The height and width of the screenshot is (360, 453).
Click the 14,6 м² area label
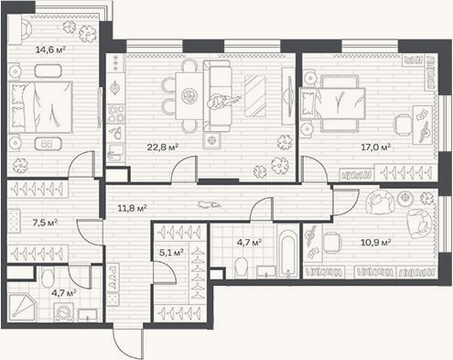pos(51,49)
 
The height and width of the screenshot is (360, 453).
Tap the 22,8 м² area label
pos(163,147)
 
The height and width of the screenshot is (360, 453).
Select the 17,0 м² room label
pos(376,147)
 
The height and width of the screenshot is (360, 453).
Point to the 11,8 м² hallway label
pos(132,208)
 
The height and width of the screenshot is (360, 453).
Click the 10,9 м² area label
pos(376,243)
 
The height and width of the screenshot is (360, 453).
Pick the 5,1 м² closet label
pos(171,252)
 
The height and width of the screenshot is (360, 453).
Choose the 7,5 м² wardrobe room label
pos(45,223)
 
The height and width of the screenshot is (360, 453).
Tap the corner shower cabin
pos(22,307)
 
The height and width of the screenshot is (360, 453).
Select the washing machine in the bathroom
pos(64,312)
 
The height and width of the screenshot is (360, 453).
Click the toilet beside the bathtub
pos(243,267)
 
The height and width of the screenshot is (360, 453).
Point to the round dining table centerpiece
pos(188,96)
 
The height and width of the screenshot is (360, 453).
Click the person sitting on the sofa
pos(222,102)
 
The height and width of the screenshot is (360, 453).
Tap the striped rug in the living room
pos(255,96)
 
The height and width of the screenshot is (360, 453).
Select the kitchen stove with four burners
pos(116,113)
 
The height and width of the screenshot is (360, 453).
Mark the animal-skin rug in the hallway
pos(209,204)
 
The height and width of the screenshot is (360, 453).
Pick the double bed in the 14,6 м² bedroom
pos(40,107)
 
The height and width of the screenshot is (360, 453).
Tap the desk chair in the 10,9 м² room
pos(331,243)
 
